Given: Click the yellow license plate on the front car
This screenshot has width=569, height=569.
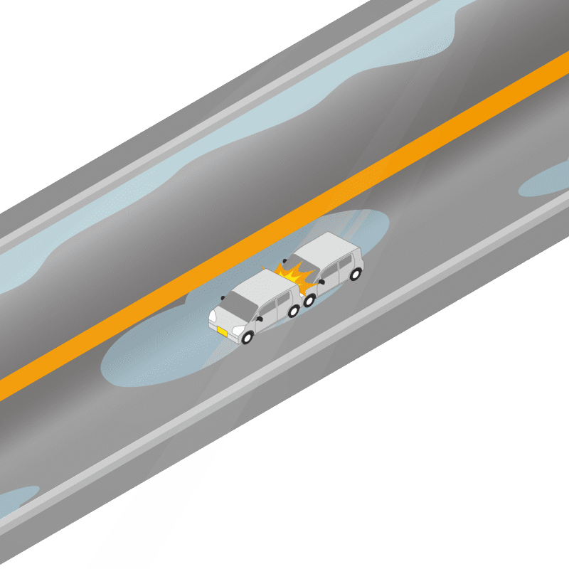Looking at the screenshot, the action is tap(222, 332).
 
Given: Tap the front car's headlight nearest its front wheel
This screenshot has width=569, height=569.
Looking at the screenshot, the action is tap(238, 331).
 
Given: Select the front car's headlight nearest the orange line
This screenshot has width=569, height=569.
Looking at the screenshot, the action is tap(212, 315).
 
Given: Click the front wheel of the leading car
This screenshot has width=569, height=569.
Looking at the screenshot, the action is tap(248, 338).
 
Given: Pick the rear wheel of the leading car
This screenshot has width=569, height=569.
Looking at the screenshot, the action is tap(294, 310).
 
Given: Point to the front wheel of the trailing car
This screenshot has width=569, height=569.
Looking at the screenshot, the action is tap(310, 299).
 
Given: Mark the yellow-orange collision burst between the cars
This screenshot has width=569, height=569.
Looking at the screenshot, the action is tap(293, 276).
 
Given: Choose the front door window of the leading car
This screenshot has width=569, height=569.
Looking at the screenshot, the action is tap(267, 309).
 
